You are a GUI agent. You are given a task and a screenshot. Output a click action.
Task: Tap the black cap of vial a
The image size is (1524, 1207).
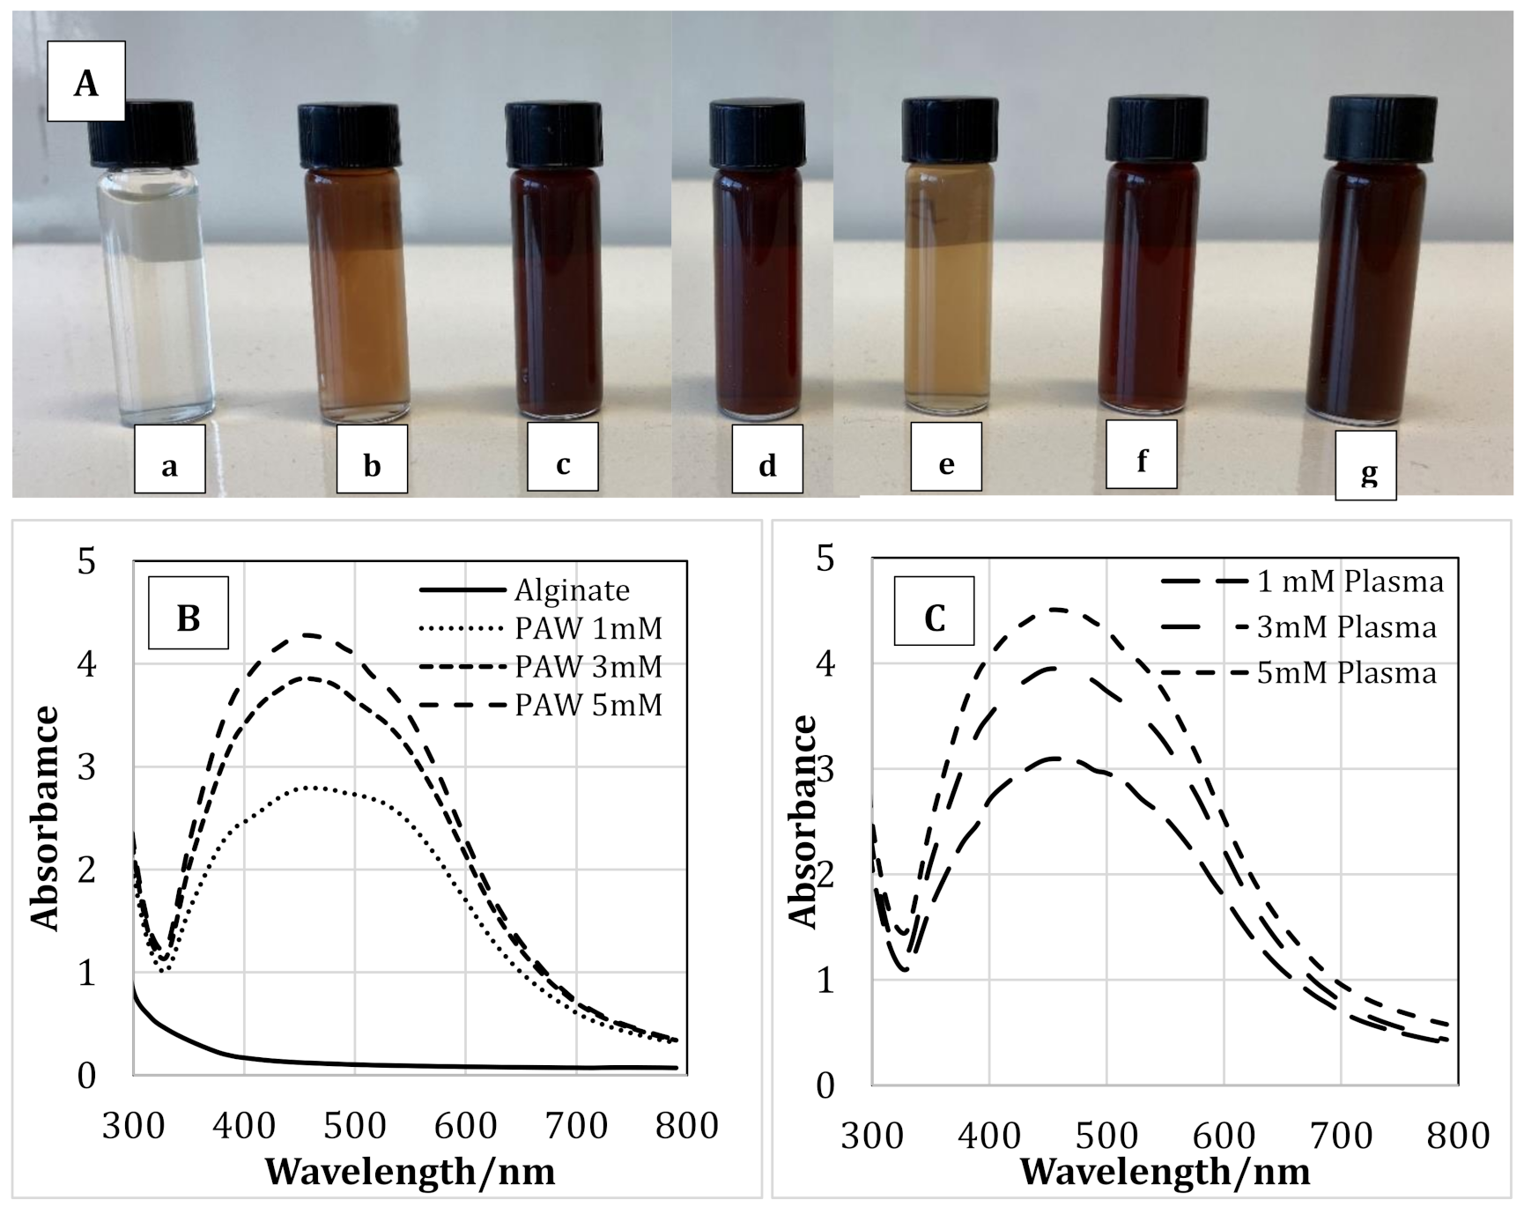pos(133,134)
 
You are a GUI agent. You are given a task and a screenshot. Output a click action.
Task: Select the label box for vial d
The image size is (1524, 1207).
pos(767,460)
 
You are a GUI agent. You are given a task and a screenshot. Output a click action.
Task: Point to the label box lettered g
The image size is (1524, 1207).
pos(1365,466)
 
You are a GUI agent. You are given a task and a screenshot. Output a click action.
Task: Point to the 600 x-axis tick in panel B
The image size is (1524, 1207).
pos(465,1126)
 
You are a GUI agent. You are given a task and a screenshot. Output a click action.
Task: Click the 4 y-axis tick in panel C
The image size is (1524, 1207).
pos(825,663)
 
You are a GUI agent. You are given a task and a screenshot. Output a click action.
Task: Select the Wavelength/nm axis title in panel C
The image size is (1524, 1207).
pos(1165,1172)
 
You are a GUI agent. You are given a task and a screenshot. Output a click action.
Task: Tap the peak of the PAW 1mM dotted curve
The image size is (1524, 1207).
pos(314,787)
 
